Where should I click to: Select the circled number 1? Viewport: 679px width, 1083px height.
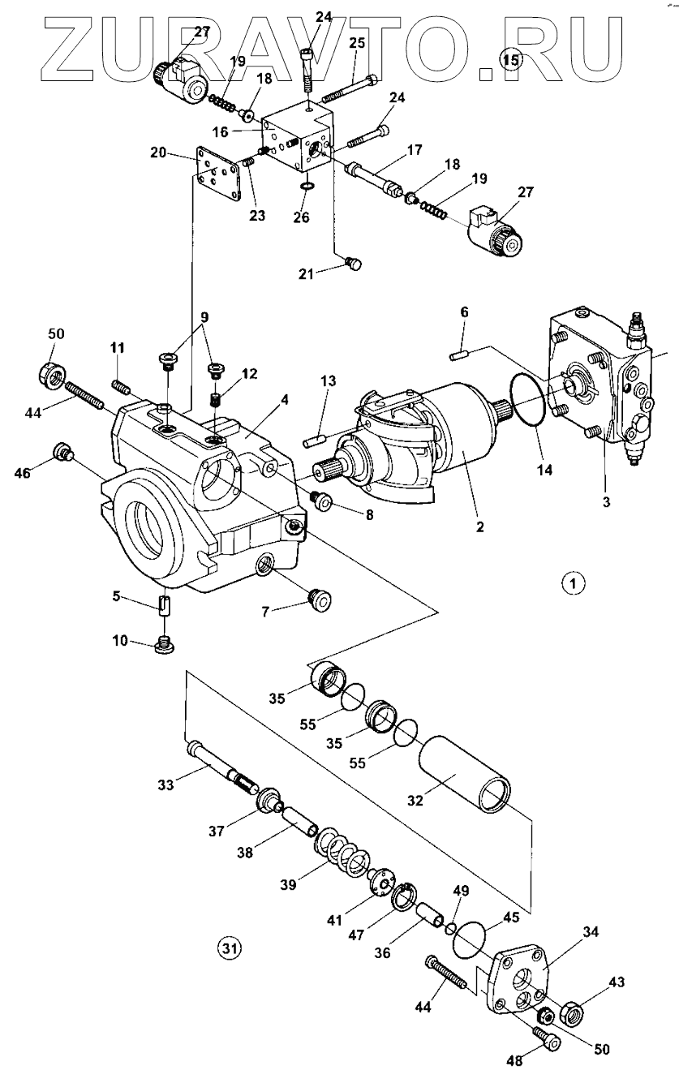click(x=573, y=582)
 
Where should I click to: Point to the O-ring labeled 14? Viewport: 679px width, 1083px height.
click(x=529, y=401)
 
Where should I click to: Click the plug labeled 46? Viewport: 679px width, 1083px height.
click(x=62, y=451)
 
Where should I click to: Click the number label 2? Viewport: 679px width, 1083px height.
click(x=479, y=526)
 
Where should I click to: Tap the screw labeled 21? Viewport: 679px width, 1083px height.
click(x=353, y=262)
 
